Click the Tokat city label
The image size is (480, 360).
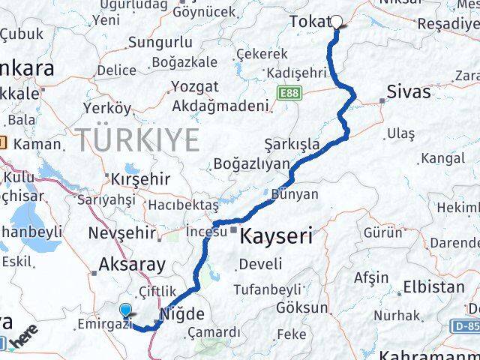pyautogui.click(x=309, y=22)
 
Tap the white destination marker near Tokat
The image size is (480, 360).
pyautogui.click(x=337, y=22)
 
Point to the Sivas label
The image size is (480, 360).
pyautogui.click(x=409, y=92)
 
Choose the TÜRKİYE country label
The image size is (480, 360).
pyautogui.click(x=137, y=139)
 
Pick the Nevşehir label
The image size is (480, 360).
pyautogui.click(x=121, y=232)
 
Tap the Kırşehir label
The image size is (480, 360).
pyautogui.click(x=140, y=180)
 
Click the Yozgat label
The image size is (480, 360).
pyautogui.click(x=195, y=86)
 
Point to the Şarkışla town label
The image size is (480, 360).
pyautogui.click(x=292, y=144)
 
